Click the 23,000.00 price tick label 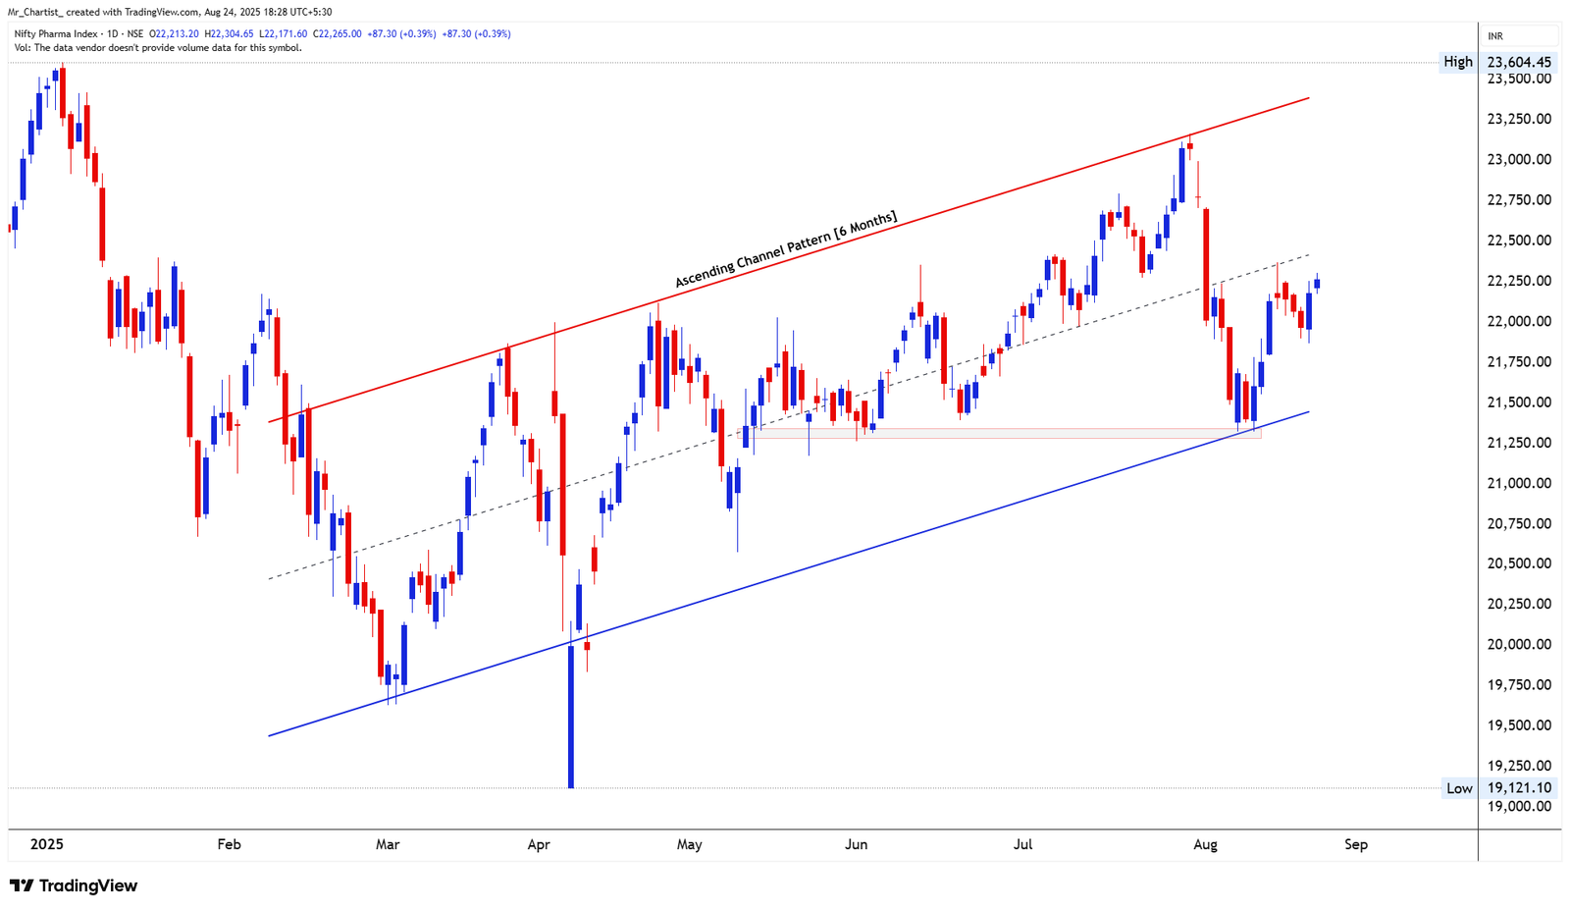pos(1519,159)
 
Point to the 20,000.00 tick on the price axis pos(1519,644)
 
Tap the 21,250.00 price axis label pos(1519,443)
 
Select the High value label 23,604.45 pos(1519,62)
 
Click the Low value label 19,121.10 pos(1519,788)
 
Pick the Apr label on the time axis pos(539,844)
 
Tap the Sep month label pos(1356,844)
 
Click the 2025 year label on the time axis pos(47,844)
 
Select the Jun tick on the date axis pos(856,844)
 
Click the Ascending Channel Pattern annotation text pos(785,250)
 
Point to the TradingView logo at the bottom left pos(75,885)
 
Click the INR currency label pos(1495,36)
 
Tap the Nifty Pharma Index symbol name pos(55,34)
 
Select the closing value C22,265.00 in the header pos(338,34)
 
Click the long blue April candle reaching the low pos(571,717)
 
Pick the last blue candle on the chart pos(1317,284)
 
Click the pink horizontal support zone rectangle pos(1001,432)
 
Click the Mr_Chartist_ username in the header pos(35,12)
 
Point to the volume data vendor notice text pos(157,47)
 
